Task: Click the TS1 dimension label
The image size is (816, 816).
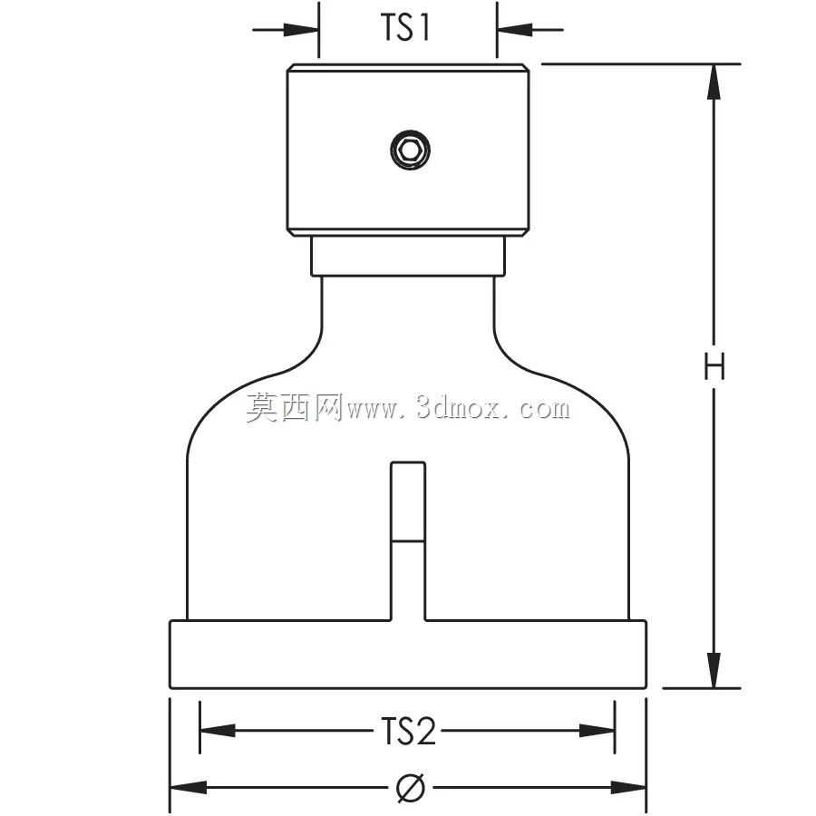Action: [x=405, y=27]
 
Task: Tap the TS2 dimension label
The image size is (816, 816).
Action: [x=408, y=731]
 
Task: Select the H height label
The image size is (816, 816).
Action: [x=714, y=367]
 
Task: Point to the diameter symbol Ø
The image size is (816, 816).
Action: [x=411, y=787]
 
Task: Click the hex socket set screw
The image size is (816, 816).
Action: [x=410, y=150]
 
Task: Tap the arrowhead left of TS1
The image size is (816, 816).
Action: [x=301, y=30]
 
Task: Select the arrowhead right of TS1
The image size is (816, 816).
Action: [x=515, y=30]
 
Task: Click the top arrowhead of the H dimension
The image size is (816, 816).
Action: [x=714, y=82]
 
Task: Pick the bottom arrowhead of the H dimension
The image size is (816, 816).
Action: [x=714, y=670]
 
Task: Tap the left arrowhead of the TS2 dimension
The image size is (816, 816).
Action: [x=218, y=731]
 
